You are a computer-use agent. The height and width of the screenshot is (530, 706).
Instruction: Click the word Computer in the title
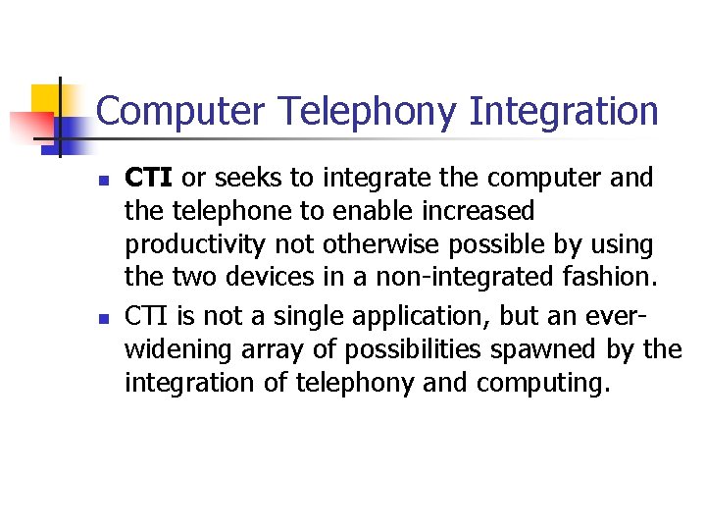pos(180,112)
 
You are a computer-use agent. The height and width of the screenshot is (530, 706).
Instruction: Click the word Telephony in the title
pos(366,112)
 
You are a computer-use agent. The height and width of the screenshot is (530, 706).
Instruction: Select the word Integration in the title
pos(563,112)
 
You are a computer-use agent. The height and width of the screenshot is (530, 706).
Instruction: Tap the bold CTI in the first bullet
pos(150,179)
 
